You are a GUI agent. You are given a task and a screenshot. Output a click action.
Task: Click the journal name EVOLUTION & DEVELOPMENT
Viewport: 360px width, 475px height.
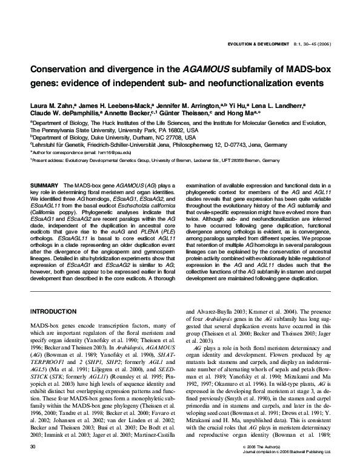coord(262,45)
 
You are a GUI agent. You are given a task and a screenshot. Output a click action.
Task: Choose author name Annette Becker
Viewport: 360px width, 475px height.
coord(129,113)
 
